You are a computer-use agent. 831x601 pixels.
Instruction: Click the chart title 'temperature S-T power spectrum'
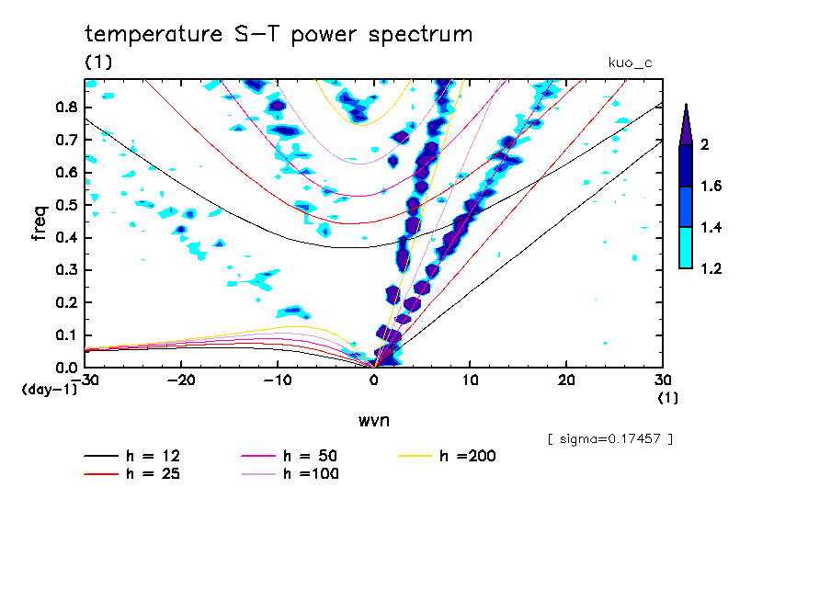click(279, 35)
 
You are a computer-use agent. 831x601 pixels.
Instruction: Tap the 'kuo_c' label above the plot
click(631, 63)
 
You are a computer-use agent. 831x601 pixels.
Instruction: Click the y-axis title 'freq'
click(40, 223)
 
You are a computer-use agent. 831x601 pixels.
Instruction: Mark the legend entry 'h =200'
click(468, 456)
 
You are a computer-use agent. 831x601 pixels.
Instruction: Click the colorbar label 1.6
click(711, 187)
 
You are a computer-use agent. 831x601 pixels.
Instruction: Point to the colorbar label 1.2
click(711, 268)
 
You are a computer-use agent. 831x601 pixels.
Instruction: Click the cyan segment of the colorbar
click(686, 247)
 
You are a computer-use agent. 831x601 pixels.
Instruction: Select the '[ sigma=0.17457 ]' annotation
click(609, 439)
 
